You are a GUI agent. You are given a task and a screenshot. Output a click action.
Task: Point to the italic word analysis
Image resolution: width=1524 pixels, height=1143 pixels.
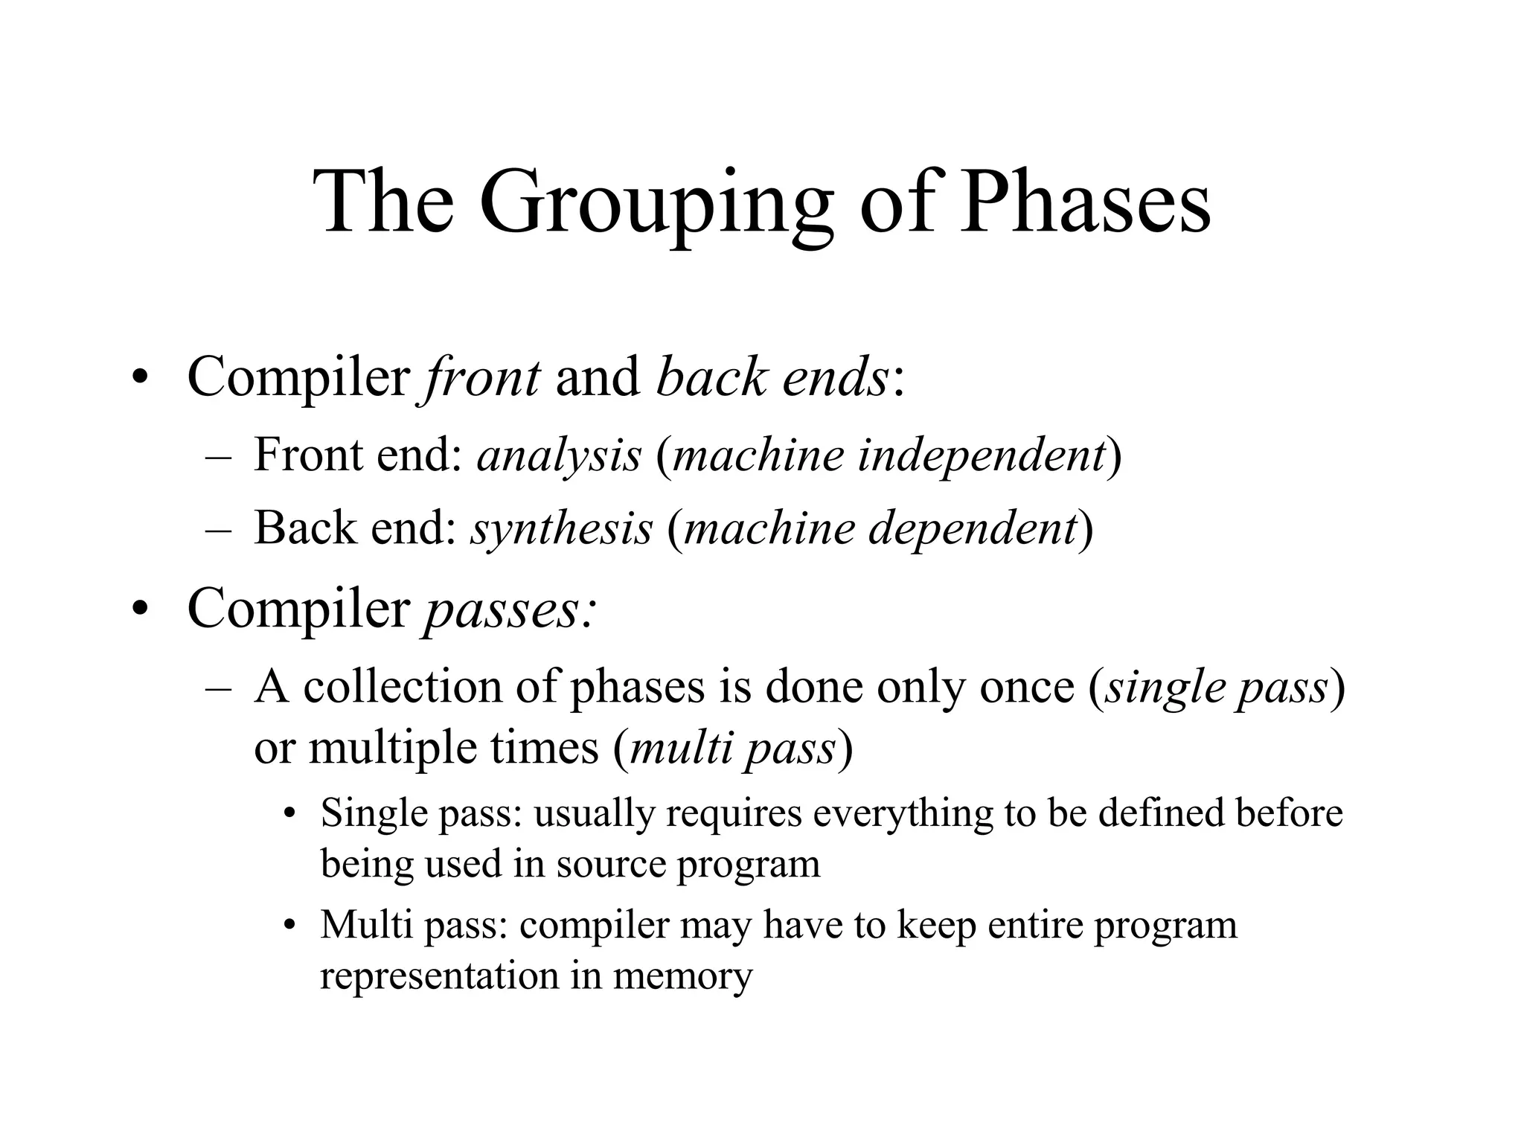tap(559, 455)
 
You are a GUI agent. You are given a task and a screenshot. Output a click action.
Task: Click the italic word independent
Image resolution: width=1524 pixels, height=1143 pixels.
tap(980, 455)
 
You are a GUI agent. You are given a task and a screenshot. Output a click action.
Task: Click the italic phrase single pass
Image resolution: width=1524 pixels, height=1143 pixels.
tap(1217, 686)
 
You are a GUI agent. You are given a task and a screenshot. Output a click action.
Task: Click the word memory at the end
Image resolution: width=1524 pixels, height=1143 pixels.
tap(682, 975)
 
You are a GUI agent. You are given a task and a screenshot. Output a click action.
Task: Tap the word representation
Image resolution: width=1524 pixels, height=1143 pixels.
tap(439, 975)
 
